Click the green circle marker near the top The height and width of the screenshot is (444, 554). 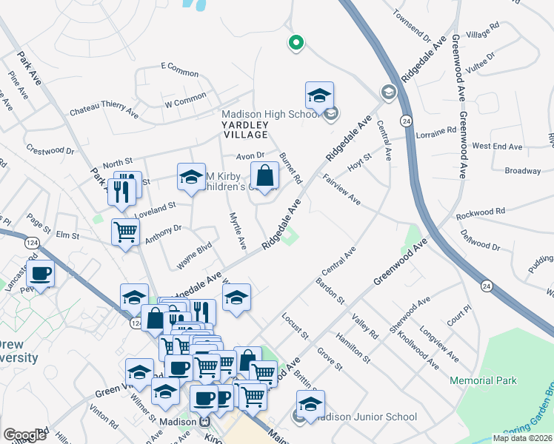point(296,44)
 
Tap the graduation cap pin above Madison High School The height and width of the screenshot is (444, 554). point(319,96)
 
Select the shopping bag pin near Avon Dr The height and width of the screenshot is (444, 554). point(264,177)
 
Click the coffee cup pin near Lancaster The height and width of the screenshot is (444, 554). point(41,275)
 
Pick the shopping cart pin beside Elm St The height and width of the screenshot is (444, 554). point(125,232)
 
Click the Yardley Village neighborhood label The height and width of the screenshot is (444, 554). point(245,130)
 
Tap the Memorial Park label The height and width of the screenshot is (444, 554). point(483,380)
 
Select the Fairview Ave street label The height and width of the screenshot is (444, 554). point(341,190)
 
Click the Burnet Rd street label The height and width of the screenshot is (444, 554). point(291,168)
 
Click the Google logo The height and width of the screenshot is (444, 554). point(24,435)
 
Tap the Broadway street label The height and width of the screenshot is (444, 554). point(523,171)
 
